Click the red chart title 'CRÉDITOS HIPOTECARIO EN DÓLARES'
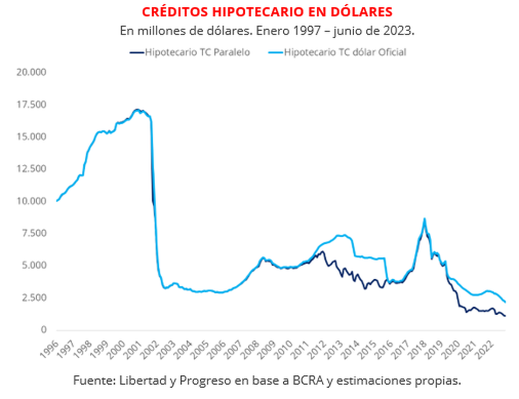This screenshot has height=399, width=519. coord(267,12)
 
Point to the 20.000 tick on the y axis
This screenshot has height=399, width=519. coord(31,72)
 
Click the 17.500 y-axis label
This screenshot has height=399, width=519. coord(31,105)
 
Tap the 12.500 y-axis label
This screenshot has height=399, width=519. coord(31,169)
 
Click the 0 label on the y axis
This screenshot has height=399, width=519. coord(43,330)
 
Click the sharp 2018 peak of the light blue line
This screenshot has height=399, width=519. coord(424,219)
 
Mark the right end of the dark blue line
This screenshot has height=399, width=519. coord(505,316)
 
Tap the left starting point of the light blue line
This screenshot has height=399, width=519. coord(57,201)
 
